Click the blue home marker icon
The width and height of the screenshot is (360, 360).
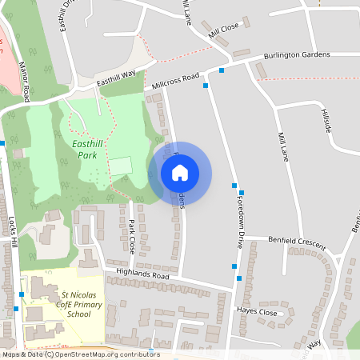click(x=180, y=173)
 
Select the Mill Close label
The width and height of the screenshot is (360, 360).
click(x=223, y=31)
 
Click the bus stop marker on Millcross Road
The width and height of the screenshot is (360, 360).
click(x=206, y=85)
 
